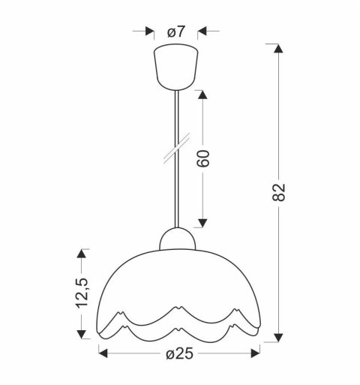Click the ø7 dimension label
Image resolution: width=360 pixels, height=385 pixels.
[175, 32]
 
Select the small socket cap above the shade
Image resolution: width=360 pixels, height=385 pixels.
[178, 239]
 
